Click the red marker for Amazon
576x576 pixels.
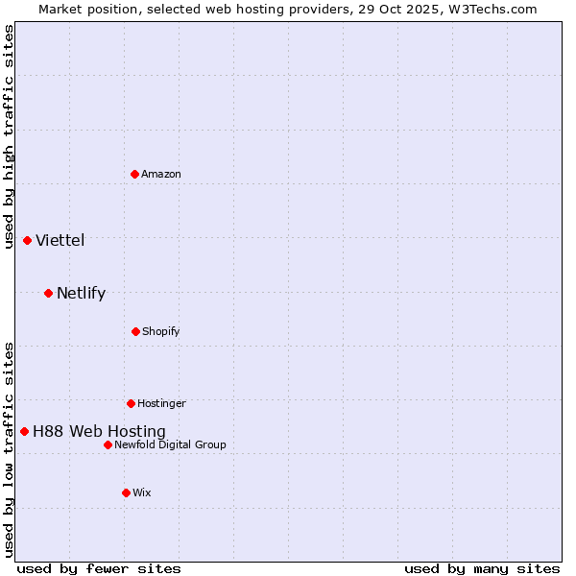135,174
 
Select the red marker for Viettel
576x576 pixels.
27,240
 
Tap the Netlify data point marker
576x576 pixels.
48,293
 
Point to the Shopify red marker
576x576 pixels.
135,331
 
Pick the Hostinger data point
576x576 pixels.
131,403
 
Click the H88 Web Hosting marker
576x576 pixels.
24,431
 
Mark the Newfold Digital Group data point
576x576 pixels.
108,444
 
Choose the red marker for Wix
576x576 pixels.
126,492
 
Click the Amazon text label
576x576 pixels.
161,174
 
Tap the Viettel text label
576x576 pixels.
60,240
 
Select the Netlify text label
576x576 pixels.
81,293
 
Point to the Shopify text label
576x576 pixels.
161,331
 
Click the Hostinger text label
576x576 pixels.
161,403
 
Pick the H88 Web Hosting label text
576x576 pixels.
99,431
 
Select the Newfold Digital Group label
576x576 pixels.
170,444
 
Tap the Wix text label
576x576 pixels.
142,492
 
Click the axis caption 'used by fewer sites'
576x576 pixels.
99,568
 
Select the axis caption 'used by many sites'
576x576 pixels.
482,568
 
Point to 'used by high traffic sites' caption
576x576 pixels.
9,136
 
